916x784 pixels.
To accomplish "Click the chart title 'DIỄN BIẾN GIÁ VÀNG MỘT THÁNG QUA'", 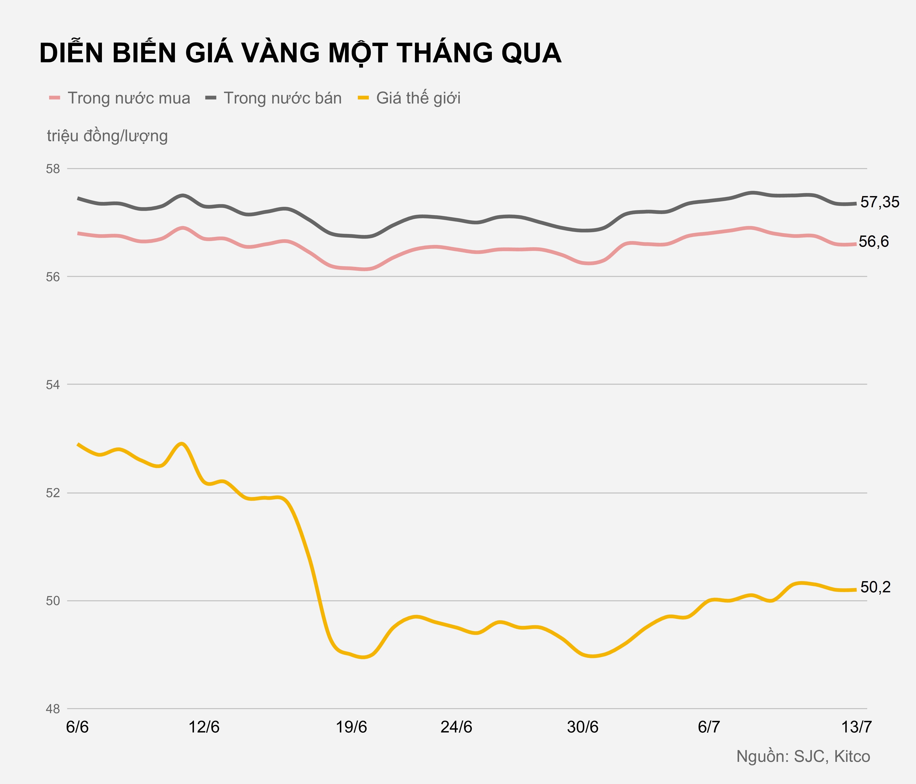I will [x=300, y=54].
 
